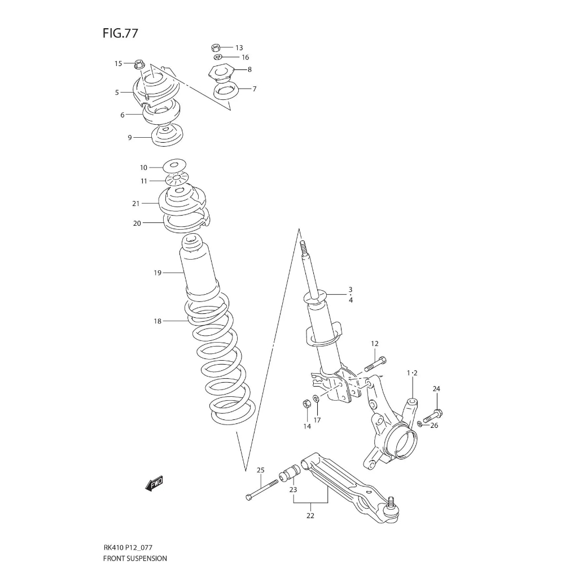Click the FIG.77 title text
(x=120, y=33)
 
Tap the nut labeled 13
(x=215, y=47)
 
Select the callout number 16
(x=245, y=58)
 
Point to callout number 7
(x=255, y=89)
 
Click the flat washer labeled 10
(x=174, y=166)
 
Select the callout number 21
(x=135, y=203)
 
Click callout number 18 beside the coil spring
(x=157, y=321)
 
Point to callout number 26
(x=433, y=426)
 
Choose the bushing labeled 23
(x=291, y=471)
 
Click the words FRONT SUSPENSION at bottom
(x=135, y=558)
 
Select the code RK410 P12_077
(x=128, y=547)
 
